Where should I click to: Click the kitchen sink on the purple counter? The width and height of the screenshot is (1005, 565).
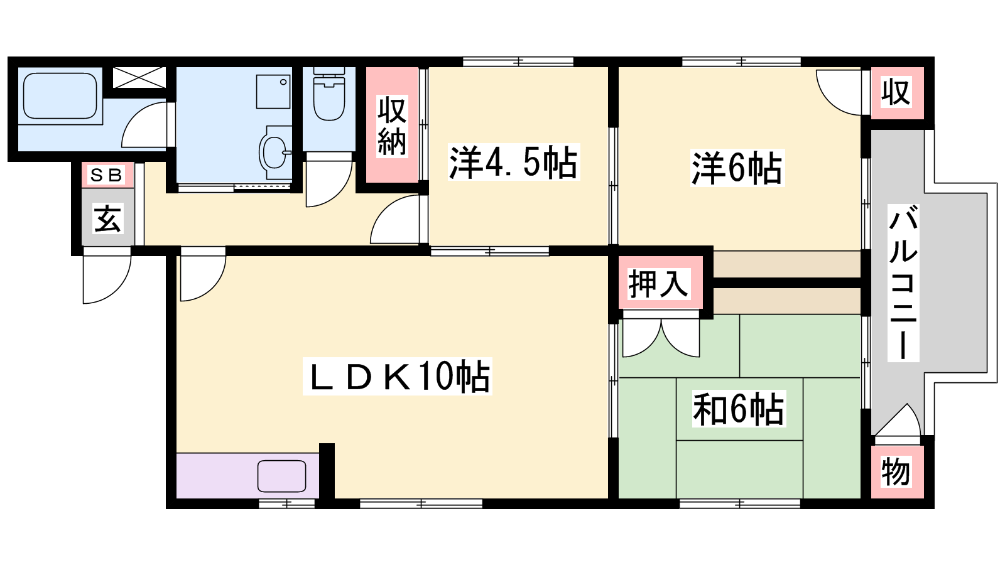[x=282, y=476]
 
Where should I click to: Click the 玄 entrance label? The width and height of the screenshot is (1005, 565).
[x=107, y=219]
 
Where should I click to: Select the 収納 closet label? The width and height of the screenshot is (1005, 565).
[x=392, y=126]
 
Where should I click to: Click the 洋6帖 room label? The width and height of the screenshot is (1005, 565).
[x=737, y=168]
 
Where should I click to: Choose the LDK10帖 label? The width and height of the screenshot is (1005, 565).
[x=397, y=376]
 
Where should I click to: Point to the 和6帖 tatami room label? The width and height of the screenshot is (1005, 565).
[x=739, y=409]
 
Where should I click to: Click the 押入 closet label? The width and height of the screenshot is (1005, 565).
[x=658, y=283]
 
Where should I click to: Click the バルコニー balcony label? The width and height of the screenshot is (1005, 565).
[x=903, y=282]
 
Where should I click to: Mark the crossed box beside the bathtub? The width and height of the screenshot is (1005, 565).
[x=139, y=78]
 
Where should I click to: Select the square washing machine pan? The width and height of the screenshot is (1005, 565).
[x=273, y=92]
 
